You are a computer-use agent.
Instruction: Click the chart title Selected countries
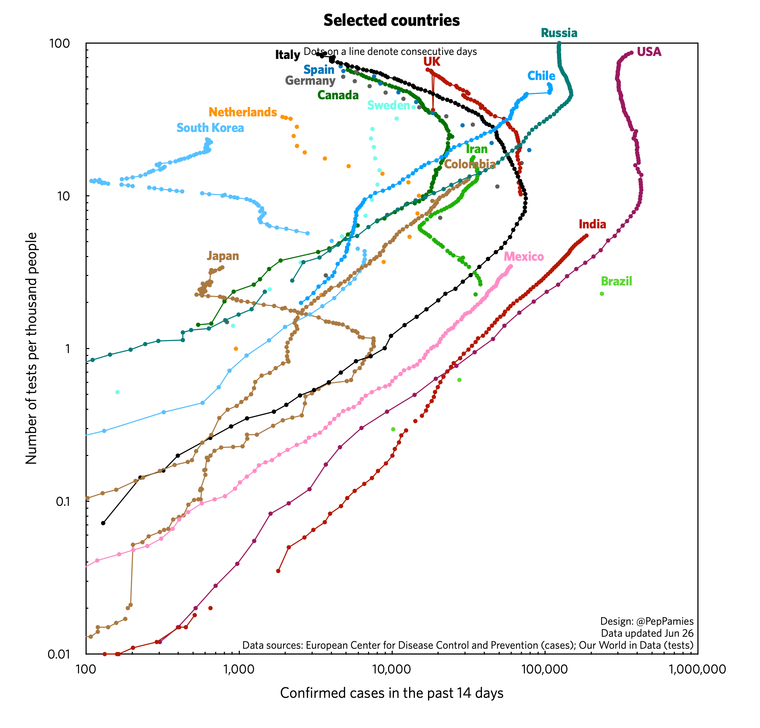tap(391, 20)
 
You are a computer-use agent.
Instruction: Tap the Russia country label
tap(559, 33)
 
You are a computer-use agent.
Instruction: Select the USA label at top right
tap(649, 52)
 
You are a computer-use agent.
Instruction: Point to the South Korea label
tap(210, 128)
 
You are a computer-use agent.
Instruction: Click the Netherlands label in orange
tap(243, 112)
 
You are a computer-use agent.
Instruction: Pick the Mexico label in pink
tap(523, 256)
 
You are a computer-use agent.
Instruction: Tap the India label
tap(592, 224)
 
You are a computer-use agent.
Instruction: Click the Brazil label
tap(616, 281)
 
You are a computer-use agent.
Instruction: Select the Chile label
tap(541, 76)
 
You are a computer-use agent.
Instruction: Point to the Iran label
tap(476, 149)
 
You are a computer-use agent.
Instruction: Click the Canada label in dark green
tap(338, 95)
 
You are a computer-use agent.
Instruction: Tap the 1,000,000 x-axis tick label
tap(697, 669)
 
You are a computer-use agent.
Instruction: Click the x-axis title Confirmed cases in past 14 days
tap(391, 693)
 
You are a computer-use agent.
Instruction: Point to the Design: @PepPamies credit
tap(646, 621)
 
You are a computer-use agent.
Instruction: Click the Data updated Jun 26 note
tap(647, 633)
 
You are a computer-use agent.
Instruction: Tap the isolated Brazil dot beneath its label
tap(602, 294)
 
